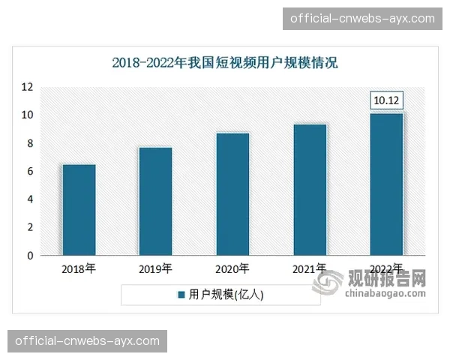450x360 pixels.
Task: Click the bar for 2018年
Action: (x=79, y=210)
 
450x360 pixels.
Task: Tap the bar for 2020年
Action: (x=232, y=194)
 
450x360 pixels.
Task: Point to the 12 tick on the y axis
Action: (x=27, y=87)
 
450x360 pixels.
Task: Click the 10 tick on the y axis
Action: (x=27, y=115)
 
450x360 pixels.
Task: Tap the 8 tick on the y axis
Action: (x=30, y=143)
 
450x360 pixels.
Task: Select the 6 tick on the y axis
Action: (x=30, y=171)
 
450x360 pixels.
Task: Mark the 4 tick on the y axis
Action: (x=30, y=199)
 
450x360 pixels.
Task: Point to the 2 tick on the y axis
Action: (x=30, y=227)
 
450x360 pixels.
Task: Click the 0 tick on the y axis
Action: (x=30, y=256)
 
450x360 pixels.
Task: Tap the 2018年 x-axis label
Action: (x=79, y=268)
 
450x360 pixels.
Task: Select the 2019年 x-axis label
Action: (x=155, y=268)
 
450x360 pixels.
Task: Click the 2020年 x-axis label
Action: (x=232, y=268)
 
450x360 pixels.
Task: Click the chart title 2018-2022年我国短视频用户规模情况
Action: (x=225, y=63)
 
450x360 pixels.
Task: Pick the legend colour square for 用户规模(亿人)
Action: (x=181, y=295)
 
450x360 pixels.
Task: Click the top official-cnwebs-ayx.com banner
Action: (x=362, y=18)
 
